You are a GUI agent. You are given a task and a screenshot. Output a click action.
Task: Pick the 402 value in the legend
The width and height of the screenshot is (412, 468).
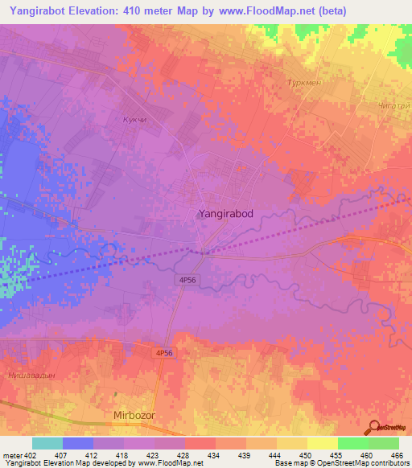31,455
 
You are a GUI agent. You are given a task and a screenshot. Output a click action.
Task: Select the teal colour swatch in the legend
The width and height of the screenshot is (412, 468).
47,444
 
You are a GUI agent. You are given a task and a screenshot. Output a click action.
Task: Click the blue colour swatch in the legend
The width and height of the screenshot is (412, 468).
78,444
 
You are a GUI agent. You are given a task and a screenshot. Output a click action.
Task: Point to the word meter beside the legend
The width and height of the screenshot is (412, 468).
12,455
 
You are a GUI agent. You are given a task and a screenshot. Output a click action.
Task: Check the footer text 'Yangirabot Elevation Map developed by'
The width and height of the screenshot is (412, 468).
68,464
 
